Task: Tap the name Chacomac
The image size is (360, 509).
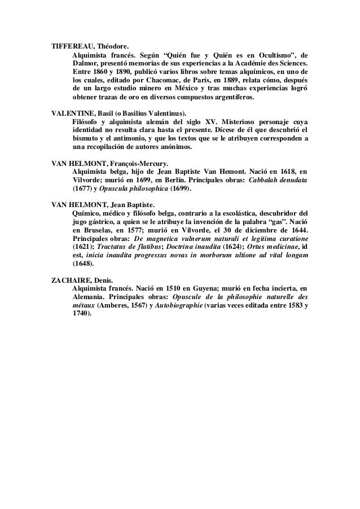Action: coord(152,76)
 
